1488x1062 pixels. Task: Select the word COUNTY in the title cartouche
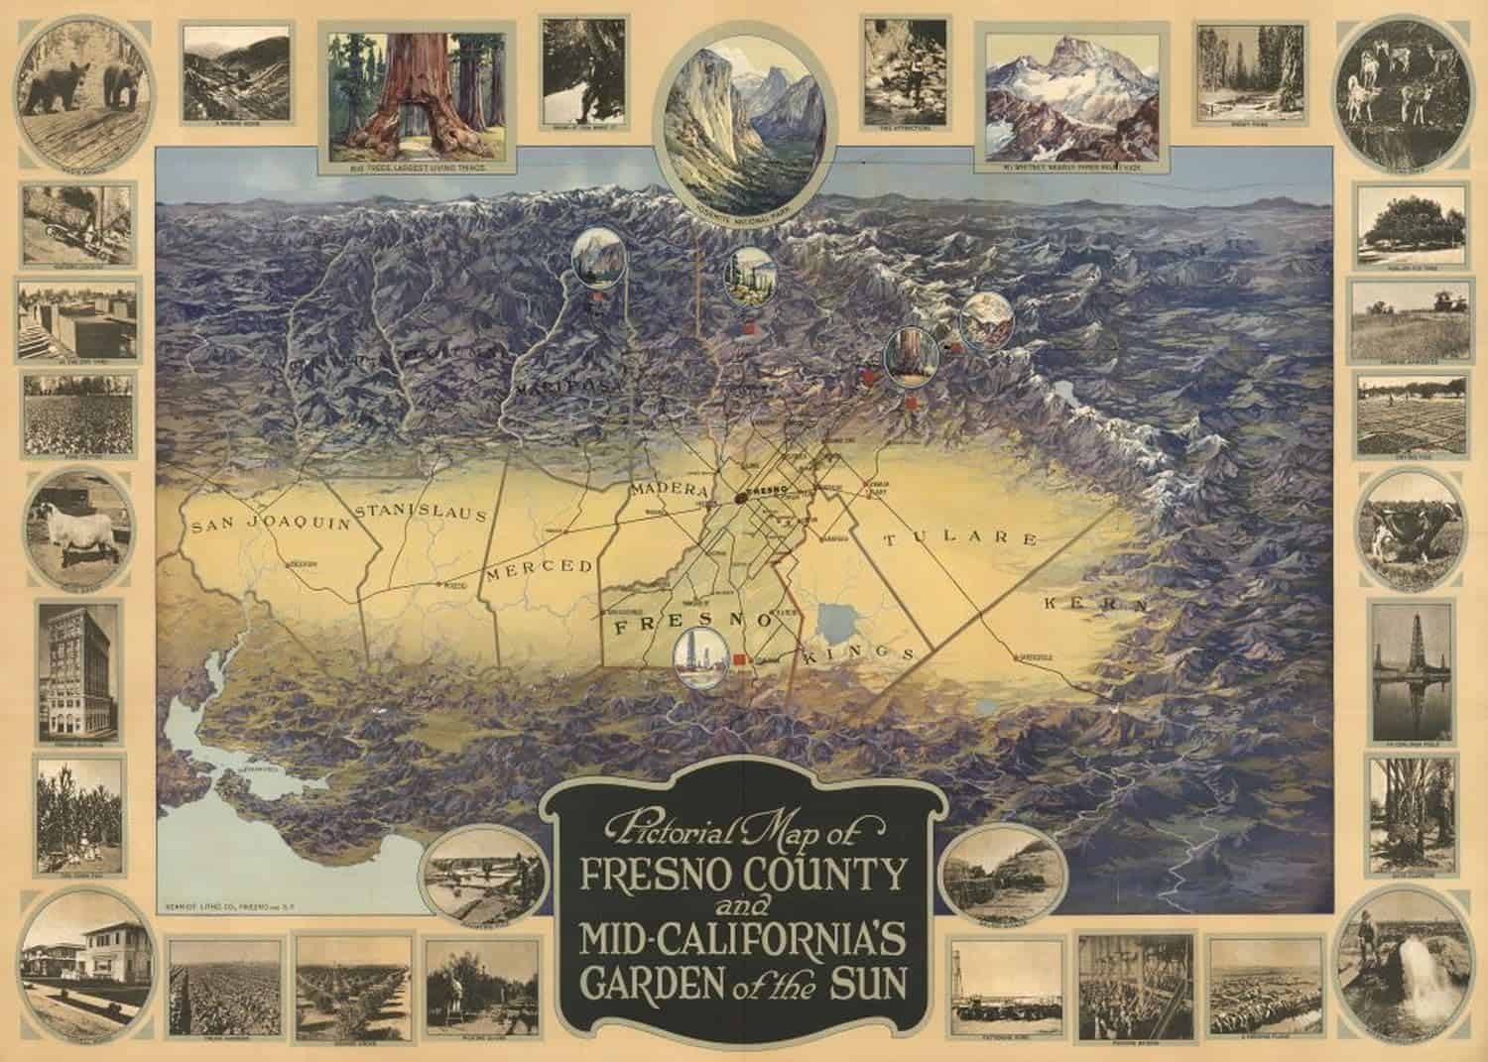click(x=829, y=876)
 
